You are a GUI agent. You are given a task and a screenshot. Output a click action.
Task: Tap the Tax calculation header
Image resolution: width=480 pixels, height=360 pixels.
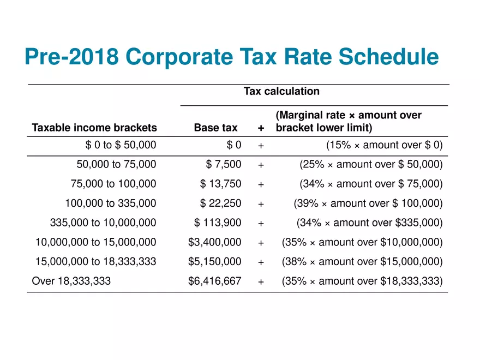pos(281,91)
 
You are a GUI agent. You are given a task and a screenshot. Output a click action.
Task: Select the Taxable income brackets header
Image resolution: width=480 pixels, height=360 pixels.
pos(94,128)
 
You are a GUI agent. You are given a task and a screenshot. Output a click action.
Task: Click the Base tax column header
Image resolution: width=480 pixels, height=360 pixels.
pos(215,128)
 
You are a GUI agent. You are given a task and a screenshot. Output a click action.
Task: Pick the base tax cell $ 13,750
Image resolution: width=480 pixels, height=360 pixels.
pos(220,184)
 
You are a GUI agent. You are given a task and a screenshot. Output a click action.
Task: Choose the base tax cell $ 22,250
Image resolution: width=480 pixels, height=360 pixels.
pos(220,203)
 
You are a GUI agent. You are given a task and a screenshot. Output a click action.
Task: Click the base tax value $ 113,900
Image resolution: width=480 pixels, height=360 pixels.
pos(218,223)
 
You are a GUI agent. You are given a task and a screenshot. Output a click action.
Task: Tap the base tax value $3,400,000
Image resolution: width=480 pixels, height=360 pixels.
pos(214,242)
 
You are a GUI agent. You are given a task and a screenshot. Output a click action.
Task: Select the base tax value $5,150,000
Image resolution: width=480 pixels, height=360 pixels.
pos(214,262)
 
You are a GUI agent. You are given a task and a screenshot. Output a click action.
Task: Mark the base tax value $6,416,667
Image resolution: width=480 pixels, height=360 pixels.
pos(214,281)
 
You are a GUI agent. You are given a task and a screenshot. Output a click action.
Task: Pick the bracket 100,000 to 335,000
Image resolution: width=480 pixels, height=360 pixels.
pos(110,203)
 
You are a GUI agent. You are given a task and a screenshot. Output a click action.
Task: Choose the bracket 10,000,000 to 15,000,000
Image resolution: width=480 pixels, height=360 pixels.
pos(95,242)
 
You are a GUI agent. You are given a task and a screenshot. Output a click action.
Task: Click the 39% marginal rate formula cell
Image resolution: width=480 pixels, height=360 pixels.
pos(368,203)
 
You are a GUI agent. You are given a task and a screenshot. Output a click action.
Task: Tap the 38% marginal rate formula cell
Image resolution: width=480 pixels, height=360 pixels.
pos(362,262)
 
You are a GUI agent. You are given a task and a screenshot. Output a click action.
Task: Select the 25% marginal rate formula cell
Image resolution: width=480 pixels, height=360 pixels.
pos(371,164)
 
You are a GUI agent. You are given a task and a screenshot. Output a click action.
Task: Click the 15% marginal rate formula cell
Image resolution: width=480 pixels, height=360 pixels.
pos(384,145)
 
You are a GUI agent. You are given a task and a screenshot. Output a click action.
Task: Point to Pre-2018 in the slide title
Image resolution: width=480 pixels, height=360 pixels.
pos(71,57)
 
